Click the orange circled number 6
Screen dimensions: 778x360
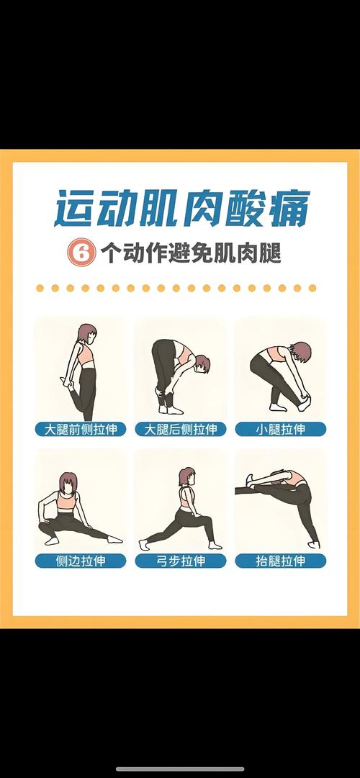(81, 253)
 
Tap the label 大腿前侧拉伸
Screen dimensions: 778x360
(81, 430)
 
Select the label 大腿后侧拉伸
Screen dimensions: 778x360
(180, 430)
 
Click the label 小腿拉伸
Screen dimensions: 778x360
(280, 430)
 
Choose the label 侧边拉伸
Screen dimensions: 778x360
(81, 561)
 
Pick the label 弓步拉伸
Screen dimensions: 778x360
(180, 561)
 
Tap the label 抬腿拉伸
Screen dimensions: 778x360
(280, 561)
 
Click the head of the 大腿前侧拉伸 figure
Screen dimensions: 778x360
(87, 334)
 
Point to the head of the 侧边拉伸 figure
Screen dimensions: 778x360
(69, 483)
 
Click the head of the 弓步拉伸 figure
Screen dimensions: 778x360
(187, 476)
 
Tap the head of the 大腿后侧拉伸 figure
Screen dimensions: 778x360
(202, 363)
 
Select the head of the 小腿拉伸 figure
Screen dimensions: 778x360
(302, 353)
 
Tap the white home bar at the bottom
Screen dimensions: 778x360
(180, 769)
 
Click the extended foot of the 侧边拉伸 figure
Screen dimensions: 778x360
(114, 538)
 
